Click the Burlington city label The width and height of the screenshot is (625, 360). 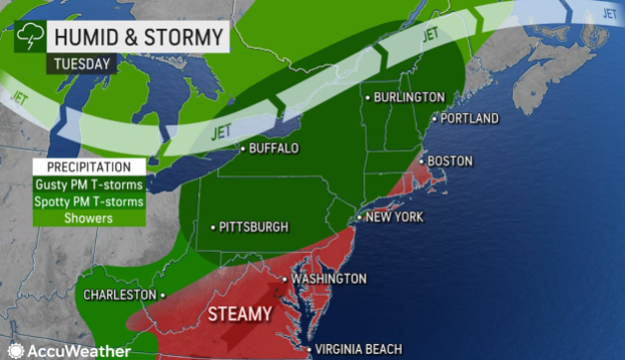coord(409,97)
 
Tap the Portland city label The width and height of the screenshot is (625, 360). coord(468,118)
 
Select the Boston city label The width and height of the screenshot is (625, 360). coord(449,161)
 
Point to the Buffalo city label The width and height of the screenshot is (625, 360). coord(274,149)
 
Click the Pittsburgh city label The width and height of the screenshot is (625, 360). coord(255,227)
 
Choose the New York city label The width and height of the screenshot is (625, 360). coord(397,216)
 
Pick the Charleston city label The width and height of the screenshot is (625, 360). coord(120,295)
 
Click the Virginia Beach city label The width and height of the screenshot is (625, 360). coord(358,349)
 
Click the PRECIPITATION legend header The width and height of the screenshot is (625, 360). coord(87,167)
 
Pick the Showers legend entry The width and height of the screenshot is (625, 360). coord(87,218)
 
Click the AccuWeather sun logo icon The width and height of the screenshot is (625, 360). coord(15,349)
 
